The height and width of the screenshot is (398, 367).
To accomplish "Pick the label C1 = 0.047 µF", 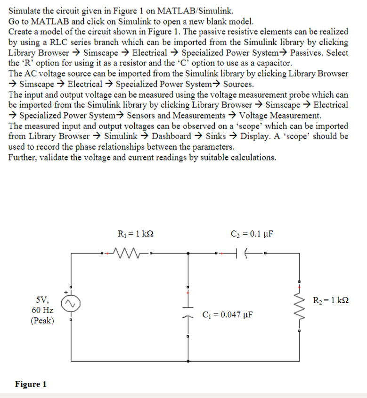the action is [228, 314].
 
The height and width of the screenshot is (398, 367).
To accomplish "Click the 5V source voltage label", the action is [42, 300].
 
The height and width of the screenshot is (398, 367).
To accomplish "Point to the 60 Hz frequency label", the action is [42, 310].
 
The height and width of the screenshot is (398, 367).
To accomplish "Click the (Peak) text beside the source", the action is [42, 321].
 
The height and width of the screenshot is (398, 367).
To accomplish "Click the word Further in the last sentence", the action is [22, 157].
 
